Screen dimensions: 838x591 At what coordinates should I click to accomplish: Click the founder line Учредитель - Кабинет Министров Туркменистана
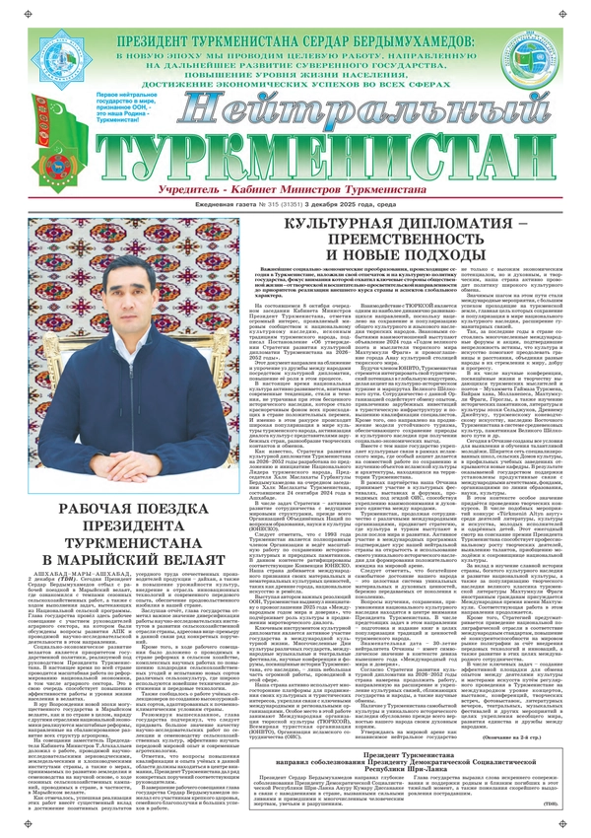[295, 162]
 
